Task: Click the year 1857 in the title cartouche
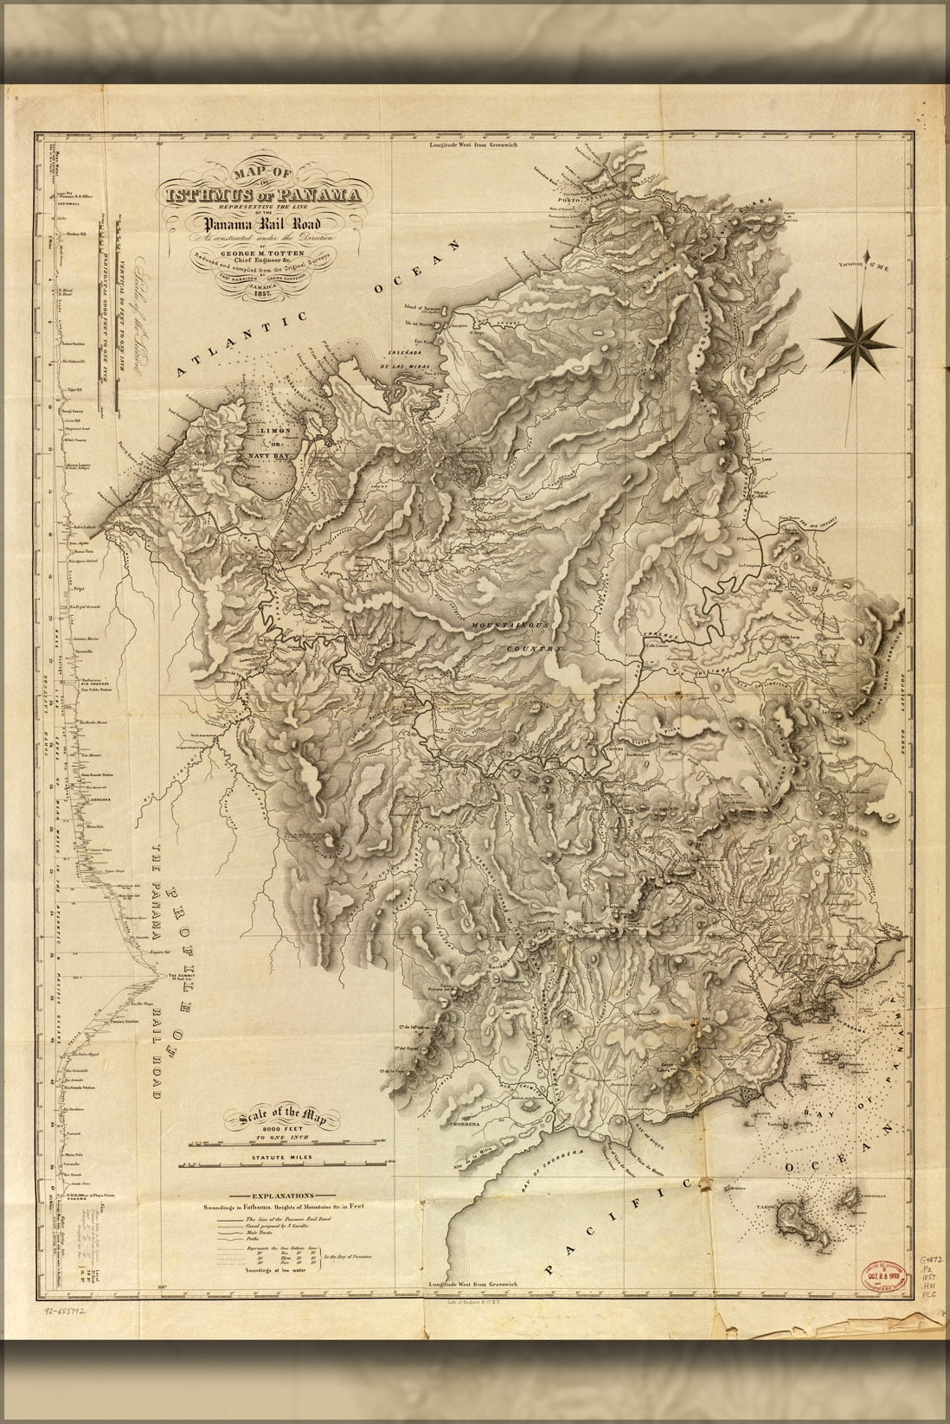coord(254,294)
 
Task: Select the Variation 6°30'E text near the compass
coord(869,269)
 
